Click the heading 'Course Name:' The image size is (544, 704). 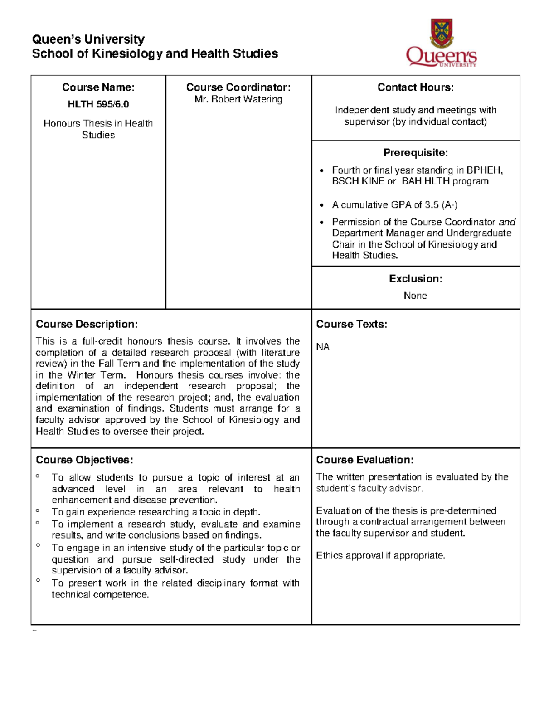pyautogui.click(x=98, y=87)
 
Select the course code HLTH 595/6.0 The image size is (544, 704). pyautogui.click(x=98, y=104)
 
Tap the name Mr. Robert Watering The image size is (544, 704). pyautogui.click(x=238, y=99)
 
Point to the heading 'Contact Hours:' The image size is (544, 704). pyautogui.click(x=415, y=87)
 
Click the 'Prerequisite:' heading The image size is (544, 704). pyautogui.click(x=415, y=152)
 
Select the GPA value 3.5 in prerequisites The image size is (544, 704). pyautogui.click(x=432, y=205)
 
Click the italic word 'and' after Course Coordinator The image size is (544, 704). pyautogui.click(x=507, y=222)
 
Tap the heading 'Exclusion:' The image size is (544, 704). pyautogui.click(x=415, y=279)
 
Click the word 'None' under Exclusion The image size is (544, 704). pyautogui.click(x=415, y=296)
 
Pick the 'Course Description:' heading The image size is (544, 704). pyautogui.click(x=87, y=324)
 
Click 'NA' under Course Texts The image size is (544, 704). pyautogui.click(x=323, y=347)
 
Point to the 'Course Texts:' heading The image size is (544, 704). pyautogui.click(x=351, y=324)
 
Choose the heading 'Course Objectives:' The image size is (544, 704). pyautogui.click(x=84, y=460)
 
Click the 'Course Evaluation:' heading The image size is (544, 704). pyautogui.click(x=364, y=460)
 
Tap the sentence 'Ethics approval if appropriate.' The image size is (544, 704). pyautogui.click(x=380, y=556)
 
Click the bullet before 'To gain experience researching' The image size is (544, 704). pyautogui.click(x=38, y=511)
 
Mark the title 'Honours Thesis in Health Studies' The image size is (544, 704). pyautogui.click(x=98, y=129)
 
